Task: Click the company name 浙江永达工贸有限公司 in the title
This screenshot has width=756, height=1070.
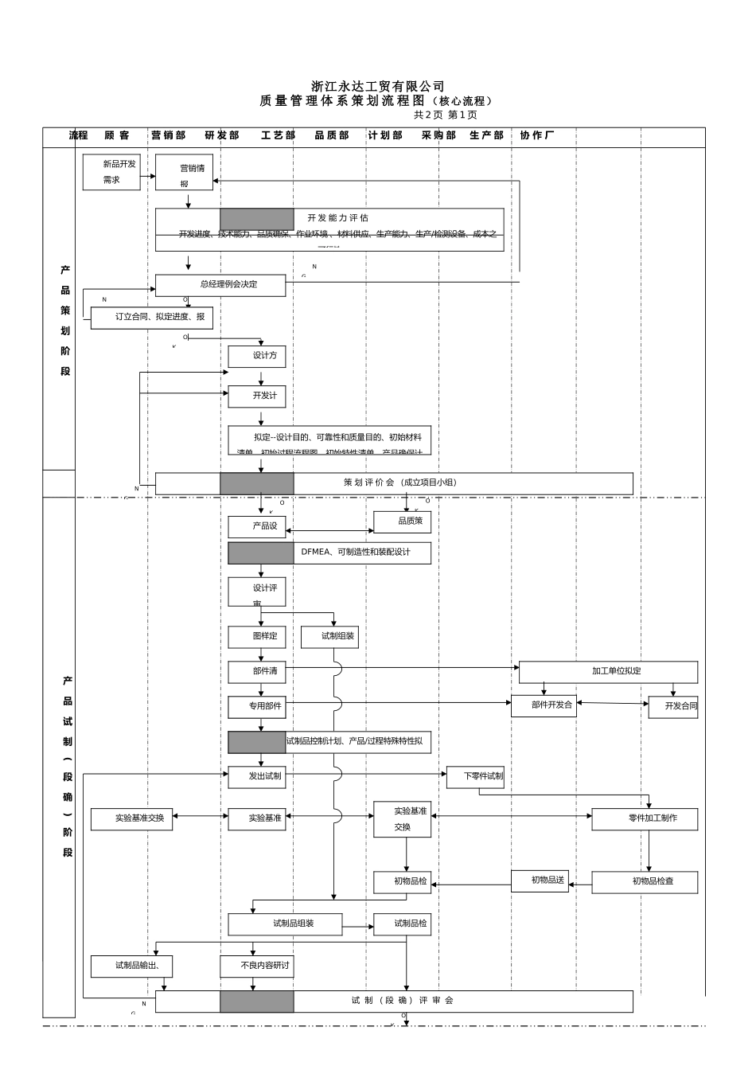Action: [378, 86]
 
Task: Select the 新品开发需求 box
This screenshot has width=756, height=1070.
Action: [111, 172]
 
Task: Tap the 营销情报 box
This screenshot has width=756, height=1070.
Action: [184, 173]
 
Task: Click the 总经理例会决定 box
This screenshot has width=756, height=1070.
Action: [220, 285]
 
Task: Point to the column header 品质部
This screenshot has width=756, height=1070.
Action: [332, 135]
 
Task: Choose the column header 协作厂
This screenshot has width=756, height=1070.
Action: [537, 135]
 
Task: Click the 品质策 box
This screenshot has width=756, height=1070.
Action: [403, 522]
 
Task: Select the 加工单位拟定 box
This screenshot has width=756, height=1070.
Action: [608, 672]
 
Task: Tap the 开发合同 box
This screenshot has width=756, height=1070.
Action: [673, 707]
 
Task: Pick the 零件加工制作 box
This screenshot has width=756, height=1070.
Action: [645, 819]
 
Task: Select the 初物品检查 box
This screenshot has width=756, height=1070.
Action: [645, 882]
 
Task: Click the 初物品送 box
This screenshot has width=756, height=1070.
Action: [540, 881]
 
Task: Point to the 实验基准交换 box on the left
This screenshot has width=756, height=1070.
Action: [132, 819]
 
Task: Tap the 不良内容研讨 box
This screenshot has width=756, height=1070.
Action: [257, 967]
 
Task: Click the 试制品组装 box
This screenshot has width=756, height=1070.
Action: [286, 924]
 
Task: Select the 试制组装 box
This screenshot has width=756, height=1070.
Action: [330, 637]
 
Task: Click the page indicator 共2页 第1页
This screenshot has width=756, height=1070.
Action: [445, 115]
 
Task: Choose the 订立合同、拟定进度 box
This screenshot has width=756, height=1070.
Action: [152, 318]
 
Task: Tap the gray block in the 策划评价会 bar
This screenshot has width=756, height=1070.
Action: [257, 483]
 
